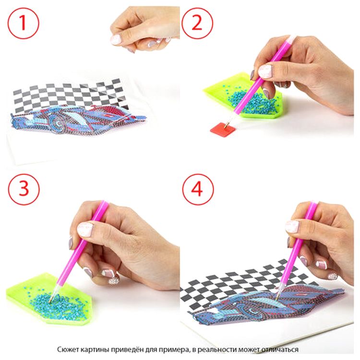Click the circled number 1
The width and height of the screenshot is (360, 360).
tap(23, 23)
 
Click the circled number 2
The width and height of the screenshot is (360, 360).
tap(197, 23)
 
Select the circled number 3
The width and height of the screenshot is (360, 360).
tap(24, 190)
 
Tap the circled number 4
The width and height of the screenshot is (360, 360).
tap(198, 190)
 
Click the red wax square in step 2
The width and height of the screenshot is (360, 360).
tap(223, 129)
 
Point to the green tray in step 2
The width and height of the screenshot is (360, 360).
tap(243, 96)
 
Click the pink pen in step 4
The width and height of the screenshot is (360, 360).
tap(297, 250)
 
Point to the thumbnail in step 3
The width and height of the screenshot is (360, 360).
tap(85, 229)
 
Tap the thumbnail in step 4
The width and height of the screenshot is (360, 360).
tap(292, 227)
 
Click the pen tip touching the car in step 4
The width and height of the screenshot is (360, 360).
tap(277, 299)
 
